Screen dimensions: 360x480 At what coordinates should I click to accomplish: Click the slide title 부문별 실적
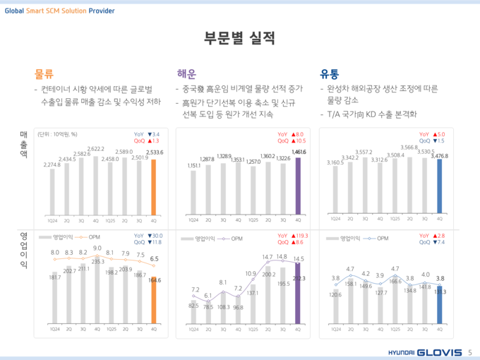(239, 37)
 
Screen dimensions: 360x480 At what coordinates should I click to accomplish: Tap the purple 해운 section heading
(186, 73)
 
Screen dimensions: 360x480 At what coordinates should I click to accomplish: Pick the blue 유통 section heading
(330, 73)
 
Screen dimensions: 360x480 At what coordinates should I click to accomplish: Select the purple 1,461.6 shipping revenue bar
(297, 184)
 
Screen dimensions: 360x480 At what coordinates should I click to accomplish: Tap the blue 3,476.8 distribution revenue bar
(440, 186)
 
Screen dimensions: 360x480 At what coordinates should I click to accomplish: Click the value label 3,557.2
(364, 152)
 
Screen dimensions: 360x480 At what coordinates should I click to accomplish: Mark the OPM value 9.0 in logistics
(97, 248)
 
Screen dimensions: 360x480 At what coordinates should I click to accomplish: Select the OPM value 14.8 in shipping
(282, 257)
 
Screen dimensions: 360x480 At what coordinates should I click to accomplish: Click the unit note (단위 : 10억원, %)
(58, 134)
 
